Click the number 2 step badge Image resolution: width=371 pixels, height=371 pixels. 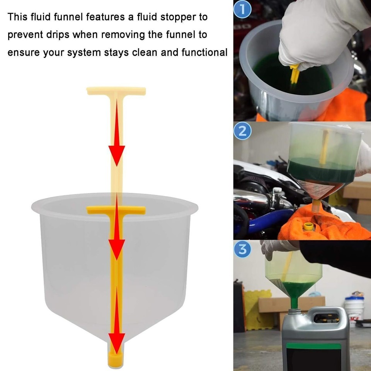click(242, 131)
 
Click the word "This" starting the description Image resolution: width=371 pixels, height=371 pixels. click(18, 17)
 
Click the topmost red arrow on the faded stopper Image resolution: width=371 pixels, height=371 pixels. click(116, 155)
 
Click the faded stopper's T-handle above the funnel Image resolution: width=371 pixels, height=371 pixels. click(116, 91)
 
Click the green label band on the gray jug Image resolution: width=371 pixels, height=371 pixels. click(313, 346)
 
